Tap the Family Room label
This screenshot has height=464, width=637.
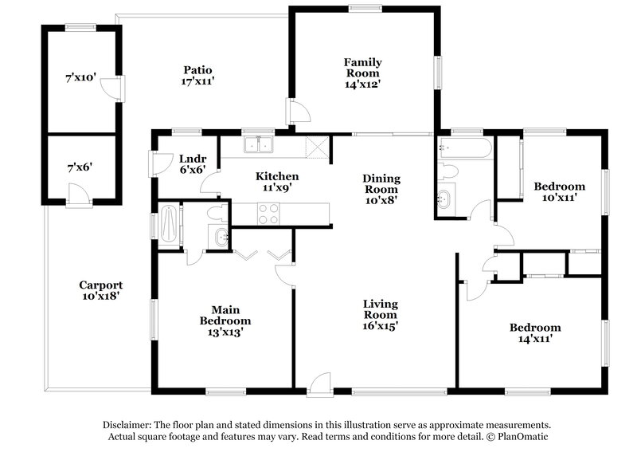point(362,73)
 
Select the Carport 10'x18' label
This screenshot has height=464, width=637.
point(100,290)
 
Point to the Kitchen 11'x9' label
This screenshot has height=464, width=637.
point(276,182)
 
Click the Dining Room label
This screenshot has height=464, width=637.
point(381,190)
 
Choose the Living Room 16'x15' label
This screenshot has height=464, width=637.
point(381,315)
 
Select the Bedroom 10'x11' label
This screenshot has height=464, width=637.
point(559,192)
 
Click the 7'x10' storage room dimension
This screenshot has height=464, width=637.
point(80,78)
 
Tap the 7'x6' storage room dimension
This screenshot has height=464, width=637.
point(80,167)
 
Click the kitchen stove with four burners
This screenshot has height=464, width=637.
point(268,214)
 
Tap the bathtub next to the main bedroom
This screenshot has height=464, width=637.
point(168,226)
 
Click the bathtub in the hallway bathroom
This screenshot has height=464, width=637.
point(465,148)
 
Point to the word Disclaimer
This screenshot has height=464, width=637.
point(127,425)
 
